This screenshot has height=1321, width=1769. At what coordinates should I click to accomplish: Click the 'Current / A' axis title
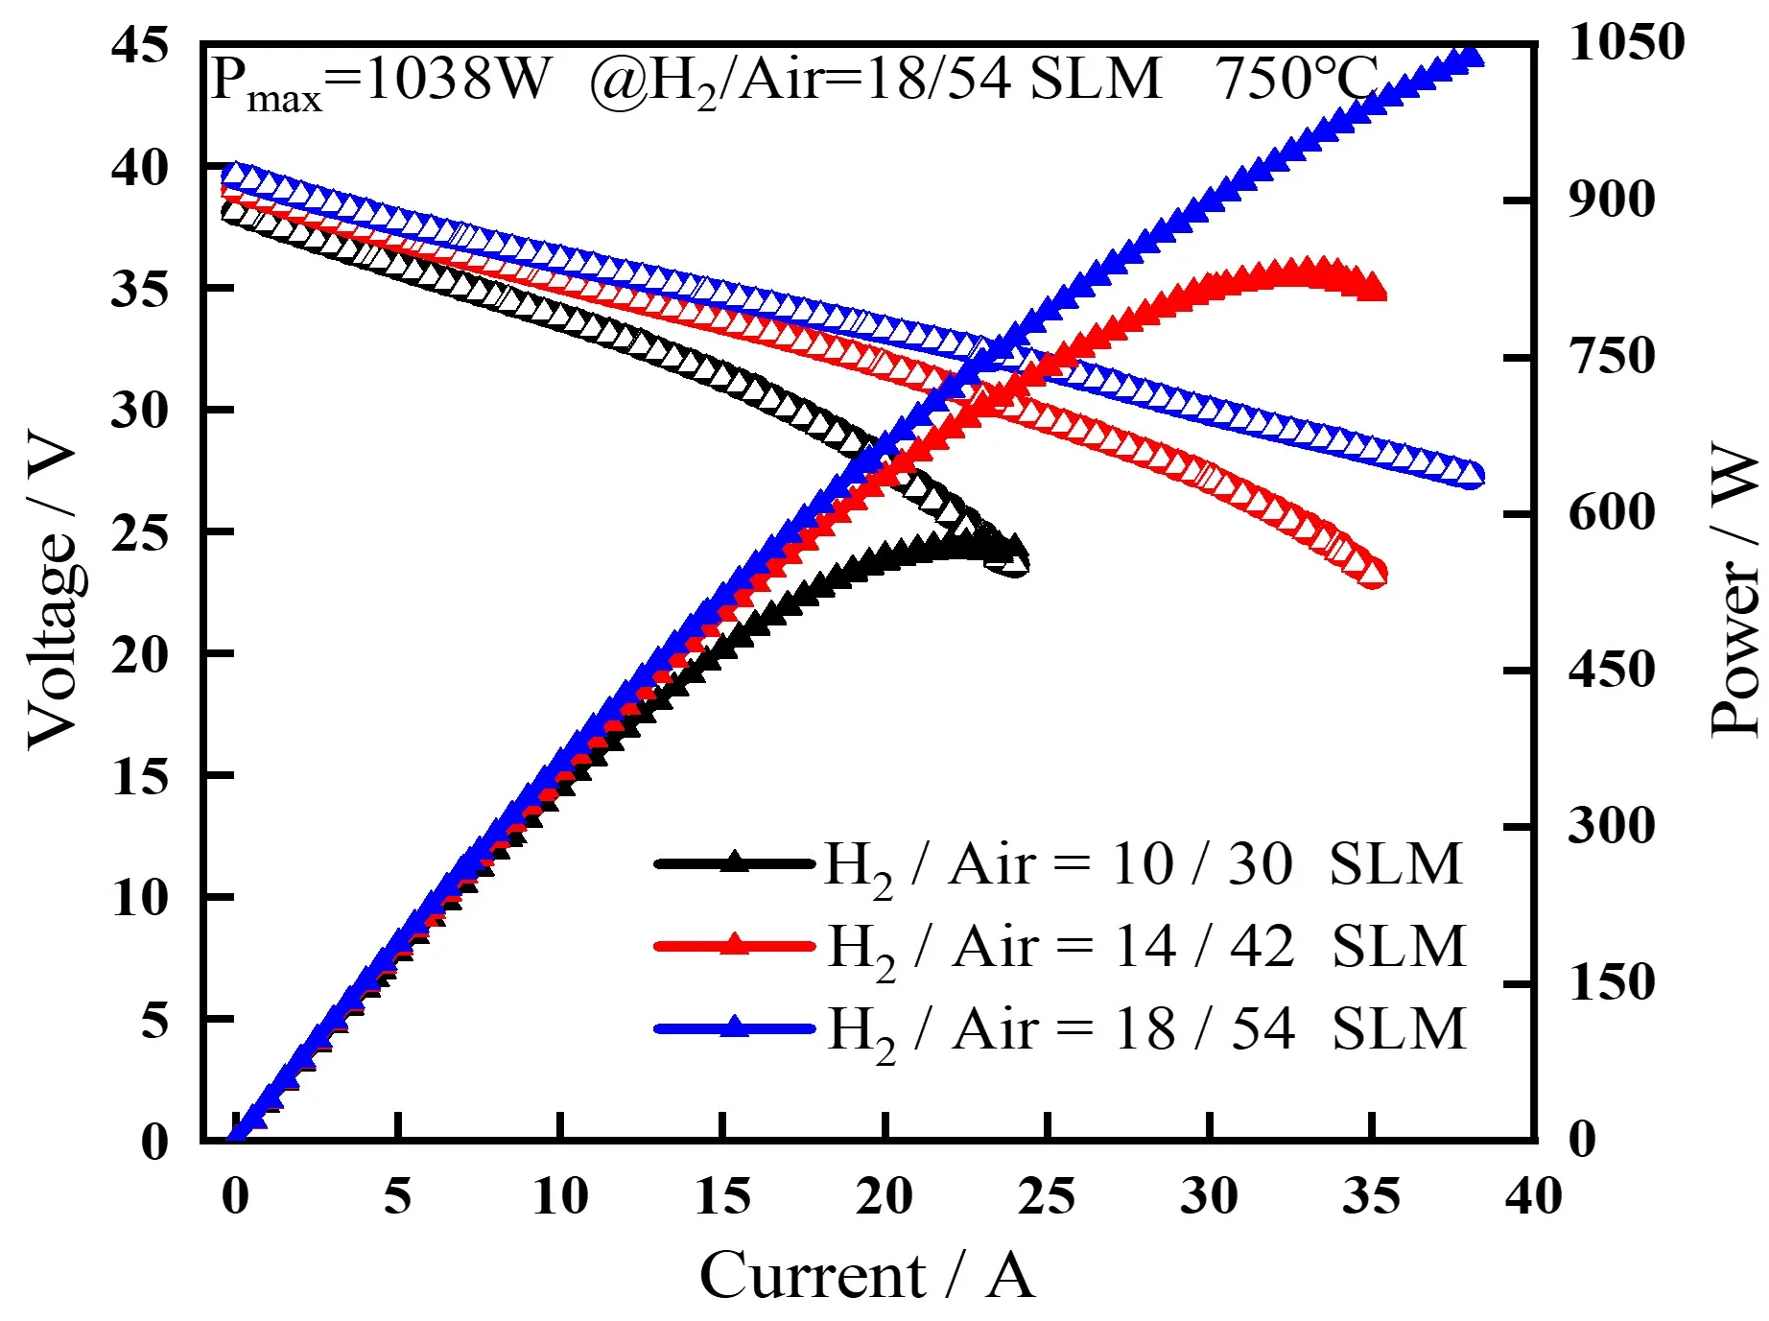click(866, 1276)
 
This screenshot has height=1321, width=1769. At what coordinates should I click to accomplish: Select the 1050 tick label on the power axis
click(1625, 42)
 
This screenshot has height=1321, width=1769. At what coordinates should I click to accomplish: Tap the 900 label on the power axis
click(1611, 200)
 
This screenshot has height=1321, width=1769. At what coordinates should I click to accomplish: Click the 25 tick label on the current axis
click(1046, 1196)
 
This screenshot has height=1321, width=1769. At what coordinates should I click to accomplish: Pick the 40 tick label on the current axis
click(1533, 1196)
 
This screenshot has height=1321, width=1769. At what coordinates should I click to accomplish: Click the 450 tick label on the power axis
click(1611, 670)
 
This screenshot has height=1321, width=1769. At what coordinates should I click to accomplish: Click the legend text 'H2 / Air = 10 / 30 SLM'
click(1143, 865)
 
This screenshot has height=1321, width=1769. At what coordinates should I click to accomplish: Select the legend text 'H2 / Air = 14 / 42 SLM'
click(1146, 948)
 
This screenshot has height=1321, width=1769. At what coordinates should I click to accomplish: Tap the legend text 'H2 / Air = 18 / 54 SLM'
click(1146, 1030)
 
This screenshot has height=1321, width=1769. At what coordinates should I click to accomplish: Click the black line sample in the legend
click(734, 863)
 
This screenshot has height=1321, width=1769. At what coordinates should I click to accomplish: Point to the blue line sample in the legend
click(734, 1028)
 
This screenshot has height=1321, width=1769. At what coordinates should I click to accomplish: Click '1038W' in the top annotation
click(458, 79)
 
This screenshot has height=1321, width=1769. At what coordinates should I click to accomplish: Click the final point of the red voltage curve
click(1374, 574)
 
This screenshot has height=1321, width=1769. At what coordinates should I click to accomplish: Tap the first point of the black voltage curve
click(233, 211)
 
